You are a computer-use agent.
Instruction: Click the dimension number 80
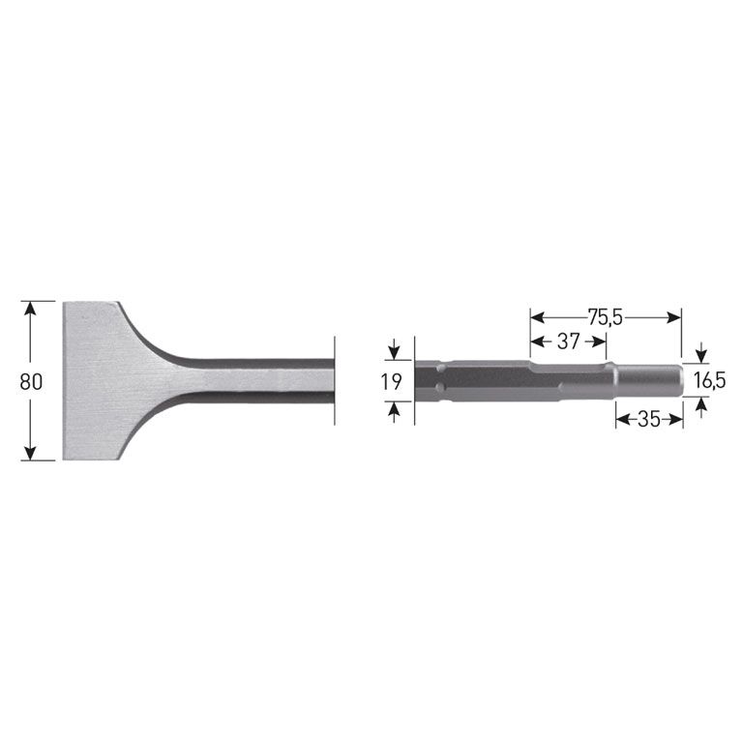coord(31,381)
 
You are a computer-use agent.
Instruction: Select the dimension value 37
coord(568,341)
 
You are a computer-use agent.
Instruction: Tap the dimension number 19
coord(391,381)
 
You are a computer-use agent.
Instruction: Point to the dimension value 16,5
coord(709,381)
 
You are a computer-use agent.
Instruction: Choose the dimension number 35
coord(649,419)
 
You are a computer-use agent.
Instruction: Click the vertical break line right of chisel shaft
coord(335,380)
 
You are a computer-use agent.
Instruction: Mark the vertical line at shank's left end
coord(414,380)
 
